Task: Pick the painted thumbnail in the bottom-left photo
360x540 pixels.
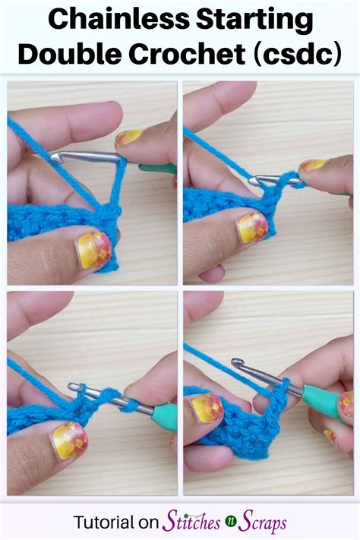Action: (69, 440)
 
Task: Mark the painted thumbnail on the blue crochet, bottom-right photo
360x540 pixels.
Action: (207, 408)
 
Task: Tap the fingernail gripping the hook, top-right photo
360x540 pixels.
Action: (312, 166)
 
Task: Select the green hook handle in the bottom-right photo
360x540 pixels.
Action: (319, 394)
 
